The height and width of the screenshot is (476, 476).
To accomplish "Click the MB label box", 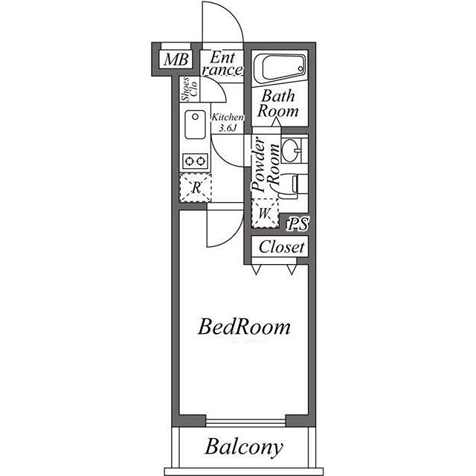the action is [176, 59].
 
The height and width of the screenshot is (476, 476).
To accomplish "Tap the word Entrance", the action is [222, 63].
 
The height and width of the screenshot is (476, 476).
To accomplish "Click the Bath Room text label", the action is [277, 103].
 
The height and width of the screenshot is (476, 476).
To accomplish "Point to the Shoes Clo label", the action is [189, 89].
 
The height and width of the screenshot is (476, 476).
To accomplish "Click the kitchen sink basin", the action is [195, 125].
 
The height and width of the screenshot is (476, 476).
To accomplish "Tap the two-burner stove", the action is [195, 161].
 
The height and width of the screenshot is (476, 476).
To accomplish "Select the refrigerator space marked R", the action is [196, 187].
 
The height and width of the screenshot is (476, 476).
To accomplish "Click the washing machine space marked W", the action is [265, 213].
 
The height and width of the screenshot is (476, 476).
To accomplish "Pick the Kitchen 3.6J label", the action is [228, 122].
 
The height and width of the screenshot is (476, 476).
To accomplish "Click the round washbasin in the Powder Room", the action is [291, 150].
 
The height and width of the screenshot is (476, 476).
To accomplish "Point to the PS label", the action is [298, 225].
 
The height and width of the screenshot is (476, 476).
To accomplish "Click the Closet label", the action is [281, 247].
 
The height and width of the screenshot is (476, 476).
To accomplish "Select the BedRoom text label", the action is [244, 327].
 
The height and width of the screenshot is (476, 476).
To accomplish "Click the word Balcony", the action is [244, 447].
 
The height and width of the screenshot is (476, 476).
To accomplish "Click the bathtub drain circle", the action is [300, 68].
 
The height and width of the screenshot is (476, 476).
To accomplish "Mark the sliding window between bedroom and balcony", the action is [246, 422].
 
